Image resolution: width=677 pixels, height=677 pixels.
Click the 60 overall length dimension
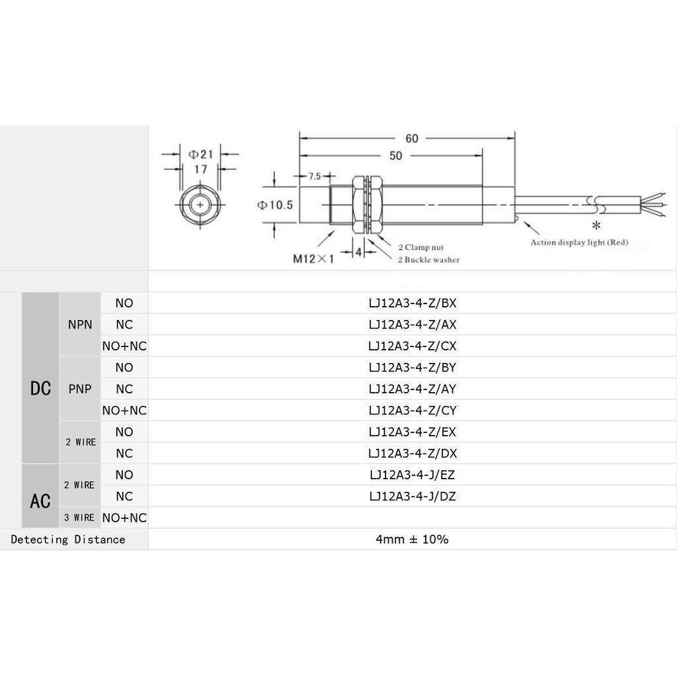pyautogui.click(x=411, y=138)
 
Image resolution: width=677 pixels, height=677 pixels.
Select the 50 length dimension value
pyautogui.click(x=395, y=155)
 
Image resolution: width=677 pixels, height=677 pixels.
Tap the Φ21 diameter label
pyautogui.click(x=201, y=154)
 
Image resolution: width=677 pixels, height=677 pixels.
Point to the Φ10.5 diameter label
pyautogui.click(x=275, y=205)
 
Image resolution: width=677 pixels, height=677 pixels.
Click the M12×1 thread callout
pyautogui.click(x=313, y=259)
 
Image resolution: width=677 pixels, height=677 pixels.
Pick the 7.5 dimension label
pyautogui.click(x=315, y=176)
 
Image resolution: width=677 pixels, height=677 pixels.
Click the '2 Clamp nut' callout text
pyautogui.click(x=420, y=247)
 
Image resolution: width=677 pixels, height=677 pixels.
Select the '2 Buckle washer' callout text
pyautogui.click(x=428, y=259)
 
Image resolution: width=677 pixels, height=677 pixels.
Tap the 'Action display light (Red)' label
pyautogui.click(x=579, y=242)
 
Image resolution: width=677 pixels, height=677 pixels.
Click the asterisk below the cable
pyautogui.click(x=596, y=225)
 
